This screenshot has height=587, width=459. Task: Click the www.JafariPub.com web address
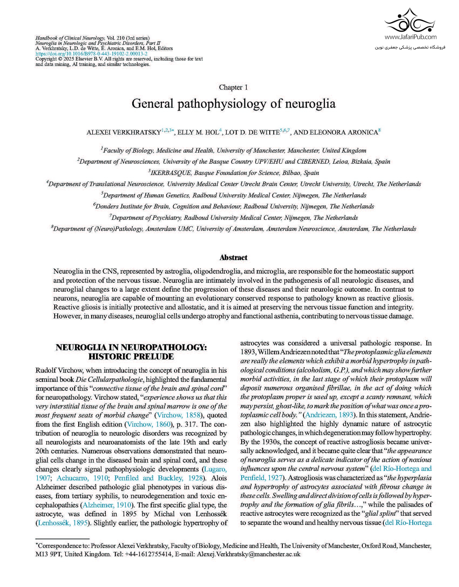410,37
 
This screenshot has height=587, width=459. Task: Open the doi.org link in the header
91,54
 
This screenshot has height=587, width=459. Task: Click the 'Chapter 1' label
233,87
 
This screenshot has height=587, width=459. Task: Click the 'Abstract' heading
233,257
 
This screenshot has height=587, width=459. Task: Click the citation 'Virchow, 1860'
149,424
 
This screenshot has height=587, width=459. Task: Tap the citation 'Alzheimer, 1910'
107,505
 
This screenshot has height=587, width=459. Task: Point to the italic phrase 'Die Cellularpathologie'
109,379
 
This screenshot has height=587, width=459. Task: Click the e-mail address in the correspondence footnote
249,554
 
